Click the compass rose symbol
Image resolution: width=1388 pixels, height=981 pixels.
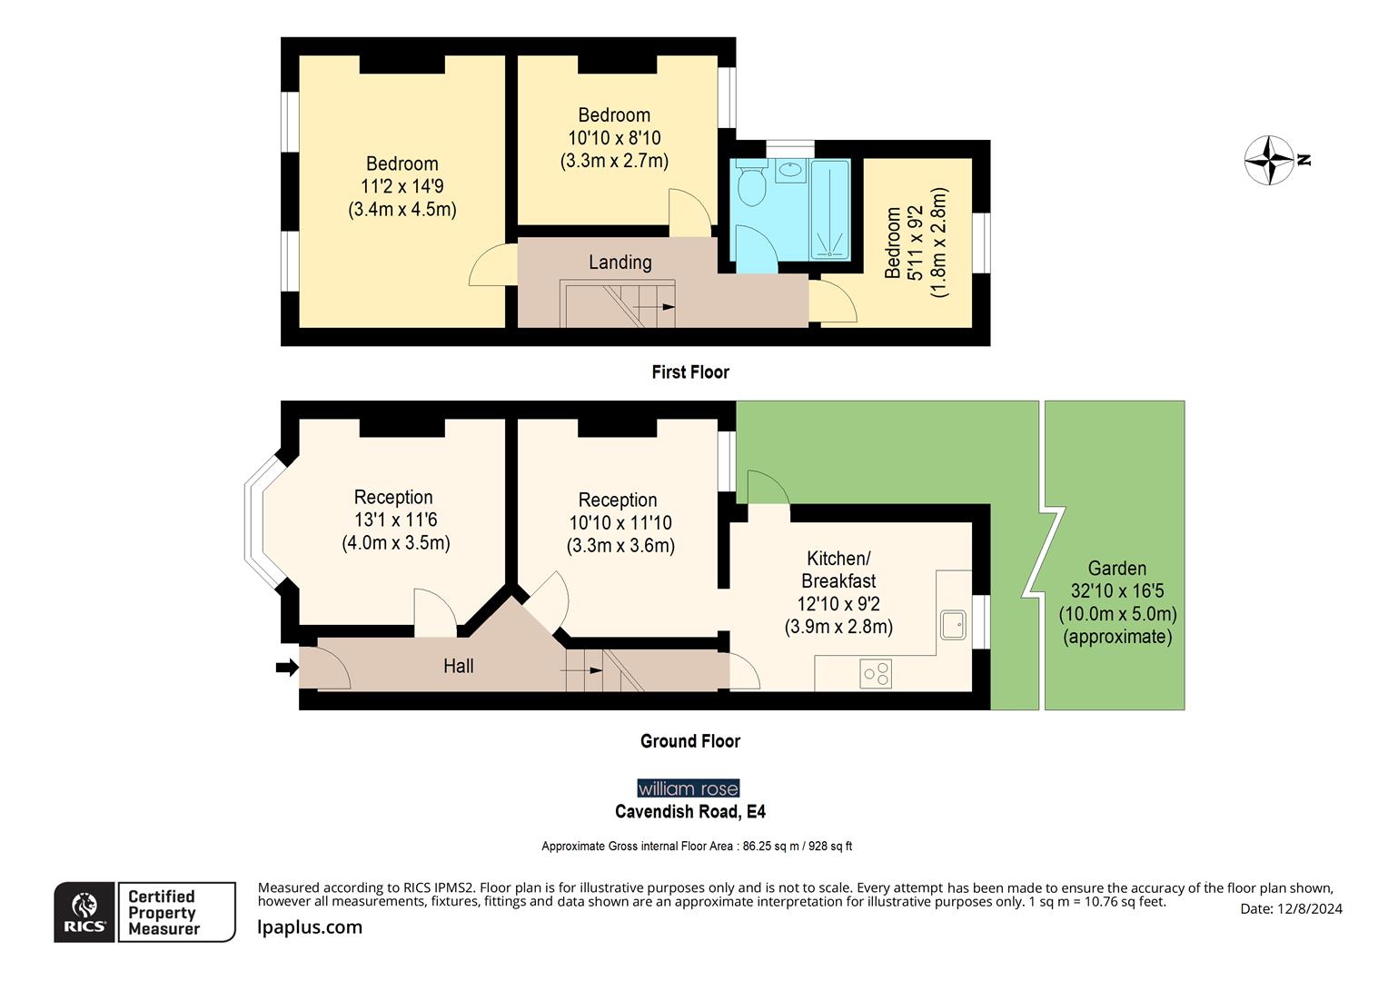[x=1268, y=160]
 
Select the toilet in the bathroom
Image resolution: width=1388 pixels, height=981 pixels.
[x=751, y=185]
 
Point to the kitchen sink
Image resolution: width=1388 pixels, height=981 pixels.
[x=953, y=625]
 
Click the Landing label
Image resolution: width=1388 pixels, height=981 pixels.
[x=620, y=263]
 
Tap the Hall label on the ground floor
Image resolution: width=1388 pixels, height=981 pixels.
[x=458, y=666]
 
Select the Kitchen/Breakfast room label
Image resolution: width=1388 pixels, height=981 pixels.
[x=838, y=570]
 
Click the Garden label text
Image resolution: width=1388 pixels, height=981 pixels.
[x=1116, y=569]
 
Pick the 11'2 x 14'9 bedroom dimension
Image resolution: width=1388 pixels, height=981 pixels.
[x=402, y=186]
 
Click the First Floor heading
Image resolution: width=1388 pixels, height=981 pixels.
[x=690, y=372]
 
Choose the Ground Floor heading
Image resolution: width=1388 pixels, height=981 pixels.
[x=690, y=741]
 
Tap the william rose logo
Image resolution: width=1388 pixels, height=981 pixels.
[x=689, y=788]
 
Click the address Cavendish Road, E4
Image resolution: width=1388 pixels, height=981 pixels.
[x=690, y=811]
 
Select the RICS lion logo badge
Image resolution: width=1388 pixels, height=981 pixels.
[x=84, y=912]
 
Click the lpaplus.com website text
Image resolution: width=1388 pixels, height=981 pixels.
[x=310, y=927]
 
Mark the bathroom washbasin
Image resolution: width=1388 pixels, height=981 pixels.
[x=790, y=170]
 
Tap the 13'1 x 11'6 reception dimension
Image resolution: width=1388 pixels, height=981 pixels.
[x=395, y=520]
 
